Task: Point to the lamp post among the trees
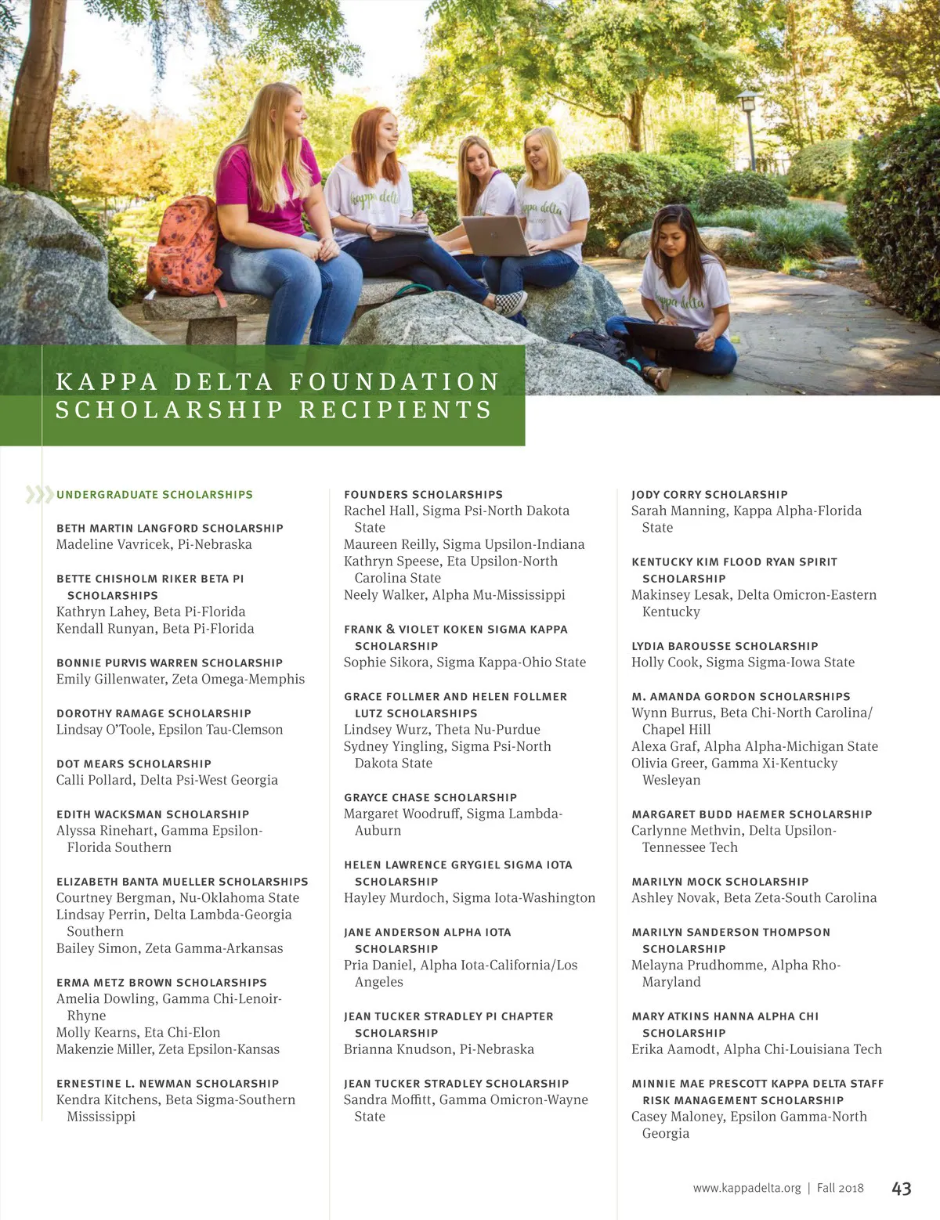pos(750,125)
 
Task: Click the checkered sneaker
pos(510,301)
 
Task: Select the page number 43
pos(901,1189)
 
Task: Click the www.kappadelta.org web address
pos(747,1188)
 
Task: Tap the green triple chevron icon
pos(39,494)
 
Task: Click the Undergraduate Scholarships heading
pos(154,495)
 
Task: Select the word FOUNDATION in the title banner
pos(394,382)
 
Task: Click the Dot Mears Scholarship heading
pos(134,763)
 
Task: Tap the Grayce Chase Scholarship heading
pos(430,797)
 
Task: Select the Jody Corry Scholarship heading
pos(709,495)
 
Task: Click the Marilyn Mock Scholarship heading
pos(720,882)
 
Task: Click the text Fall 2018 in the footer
pos(840,1188)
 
